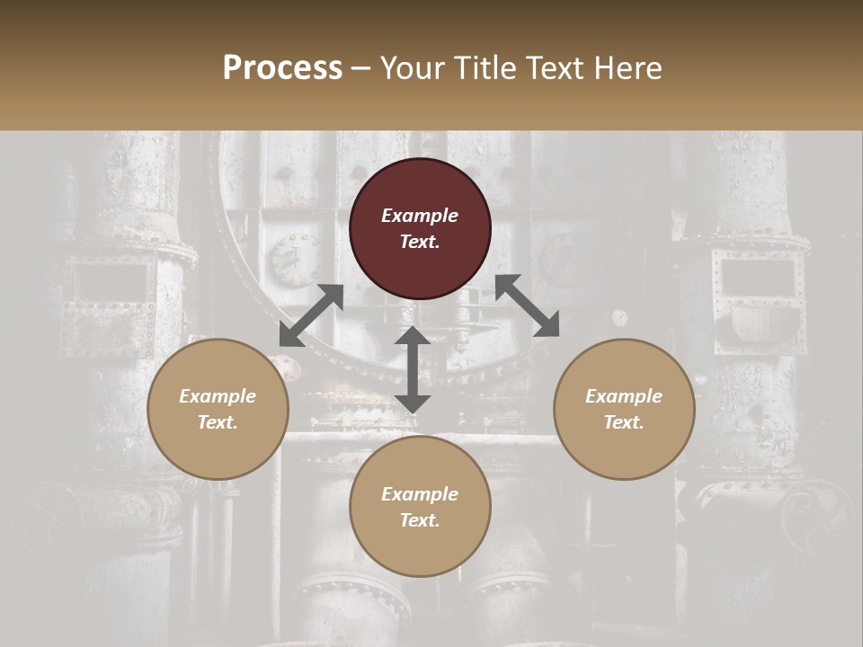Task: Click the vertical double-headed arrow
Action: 413,369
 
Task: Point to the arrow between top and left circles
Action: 311,315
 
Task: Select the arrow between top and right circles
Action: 527,306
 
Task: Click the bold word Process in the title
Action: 282,67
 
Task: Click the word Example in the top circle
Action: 420,216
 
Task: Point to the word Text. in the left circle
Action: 218,422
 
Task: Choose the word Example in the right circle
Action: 624,396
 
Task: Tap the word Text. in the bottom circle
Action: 420,520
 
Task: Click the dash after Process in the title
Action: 361,69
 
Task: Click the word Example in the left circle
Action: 218,396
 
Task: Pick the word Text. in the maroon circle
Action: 420,242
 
